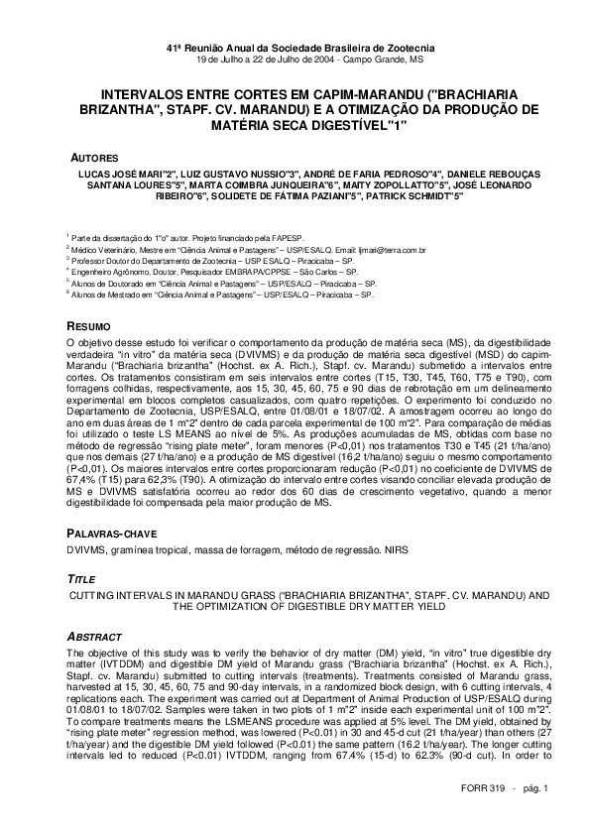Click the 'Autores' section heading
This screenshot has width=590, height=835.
[94, 158]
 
